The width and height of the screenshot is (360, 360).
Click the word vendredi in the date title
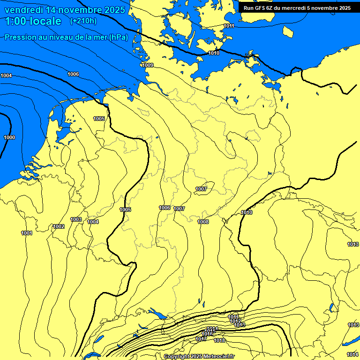coord(24,10)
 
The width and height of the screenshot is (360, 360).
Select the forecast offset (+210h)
coord(83,21)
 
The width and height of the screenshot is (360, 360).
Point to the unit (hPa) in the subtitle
coord(119,37)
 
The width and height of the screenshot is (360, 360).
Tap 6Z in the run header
coord(277,8)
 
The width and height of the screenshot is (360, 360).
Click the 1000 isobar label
coord(9,137)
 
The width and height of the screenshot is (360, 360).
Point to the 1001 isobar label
coord(27,233)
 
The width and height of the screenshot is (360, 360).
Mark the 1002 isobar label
coord(59,226)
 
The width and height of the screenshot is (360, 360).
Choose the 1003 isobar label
coord(76,219)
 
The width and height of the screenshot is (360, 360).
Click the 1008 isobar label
coord(203,222)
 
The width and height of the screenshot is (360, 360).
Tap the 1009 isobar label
coord(148,65)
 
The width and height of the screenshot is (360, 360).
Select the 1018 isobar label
coord(219,340)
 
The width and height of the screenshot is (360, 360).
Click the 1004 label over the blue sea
coord(7,75)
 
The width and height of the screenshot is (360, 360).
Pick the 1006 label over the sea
coord(73,74)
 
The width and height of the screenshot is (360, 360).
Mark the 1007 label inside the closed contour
coord(201,189)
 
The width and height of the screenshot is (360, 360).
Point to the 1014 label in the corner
coord(352,354)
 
